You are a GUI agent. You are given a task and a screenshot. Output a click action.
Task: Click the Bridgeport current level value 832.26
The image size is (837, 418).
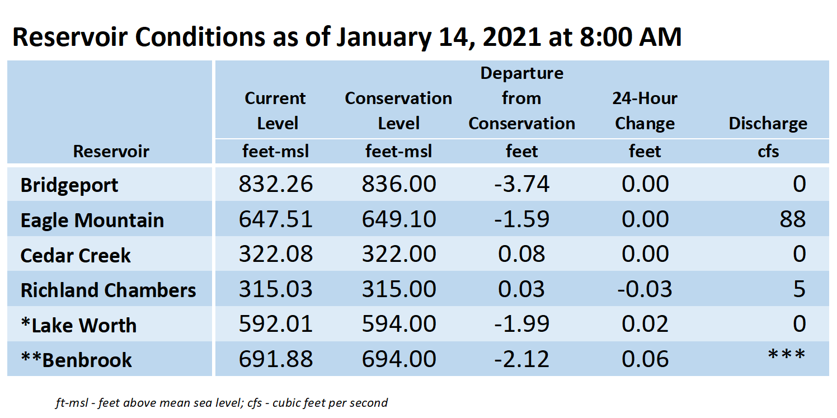(x=276, y=184)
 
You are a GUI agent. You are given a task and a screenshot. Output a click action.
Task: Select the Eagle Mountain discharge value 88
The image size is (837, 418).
(x=793, y=219)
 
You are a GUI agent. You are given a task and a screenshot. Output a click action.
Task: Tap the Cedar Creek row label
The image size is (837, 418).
(x=76, y=256)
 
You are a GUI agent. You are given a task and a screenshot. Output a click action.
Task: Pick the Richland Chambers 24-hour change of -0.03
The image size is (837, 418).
(x=645, y=289)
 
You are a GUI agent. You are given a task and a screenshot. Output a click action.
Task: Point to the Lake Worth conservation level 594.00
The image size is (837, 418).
(x=399, y=324)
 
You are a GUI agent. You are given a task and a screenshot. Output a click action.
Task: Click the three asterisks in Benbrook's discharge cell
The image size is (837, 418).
(x=787, y=355)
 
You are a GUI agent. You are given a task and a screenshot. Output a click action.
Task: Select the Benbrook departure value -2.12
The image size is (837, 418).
(x=521, y=359)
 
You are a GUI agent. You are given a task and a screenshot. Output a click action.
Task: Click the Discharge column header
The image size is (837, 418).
(x=768, y=123)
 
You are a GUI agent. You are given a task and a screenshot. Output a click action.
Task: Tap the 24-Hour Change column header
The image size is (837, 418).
(x=645, y=111)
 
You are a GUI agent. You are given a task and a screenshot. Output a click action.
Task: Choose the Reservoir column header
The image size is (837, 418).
(x=111, y=151)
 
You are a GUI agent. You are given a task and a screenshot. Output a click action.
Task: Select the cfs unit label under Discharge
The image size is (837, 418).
(x=768, y=152)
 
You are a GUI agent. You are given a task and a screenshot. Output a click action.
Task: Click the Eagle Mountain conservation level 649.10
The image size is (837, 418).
(x=399, y=219)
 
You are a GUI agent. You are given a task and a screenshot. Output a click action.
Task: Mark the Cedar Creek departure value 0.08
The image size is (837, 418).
(x=521, y=254)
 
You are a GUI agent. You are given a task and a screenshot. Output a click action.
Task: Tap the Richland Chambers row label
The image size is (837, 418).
(x=109, y=290)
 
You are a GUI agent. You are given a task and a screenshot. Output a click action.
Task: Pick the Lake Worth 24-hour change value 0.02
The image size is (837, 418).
(x=645, y=324)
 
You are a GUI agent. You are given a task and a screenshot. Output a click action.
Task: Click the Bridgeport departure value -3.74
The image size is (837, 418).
(x=521, y=184)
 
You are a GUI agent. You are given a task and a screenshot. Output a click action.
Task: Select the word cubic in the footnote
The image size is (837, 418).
(x=286, y=403)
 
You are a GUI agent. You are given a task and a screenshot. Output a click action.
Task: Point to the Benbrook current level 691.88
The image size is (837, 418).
(x=276, y=359)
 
